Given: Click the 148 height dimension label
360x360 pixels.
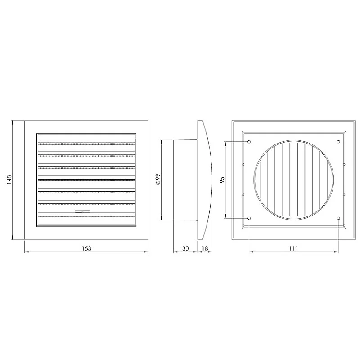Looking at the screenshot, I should point(8,180).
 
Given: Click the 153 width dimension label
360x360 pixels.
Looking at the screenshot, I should point(86,248).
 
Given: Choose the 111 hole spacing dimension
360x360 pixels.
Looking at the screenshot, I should point(293,248).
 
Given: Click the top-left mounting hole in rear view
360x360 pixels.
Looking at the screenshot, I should point(249,142).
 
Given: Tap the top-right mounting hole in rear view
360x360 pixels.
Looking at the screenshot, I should point(338,142).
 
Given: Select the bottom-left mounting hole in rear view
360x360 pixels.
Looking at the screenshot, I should point(249,219).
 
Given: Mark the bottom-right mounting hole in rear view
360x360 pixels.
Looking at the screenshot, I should point(338,219).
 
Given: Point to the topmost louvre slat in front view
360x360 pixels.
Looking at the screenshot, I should point(86,136).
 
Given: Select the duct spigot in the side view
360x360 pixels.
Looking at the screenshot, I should point(184,180).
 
